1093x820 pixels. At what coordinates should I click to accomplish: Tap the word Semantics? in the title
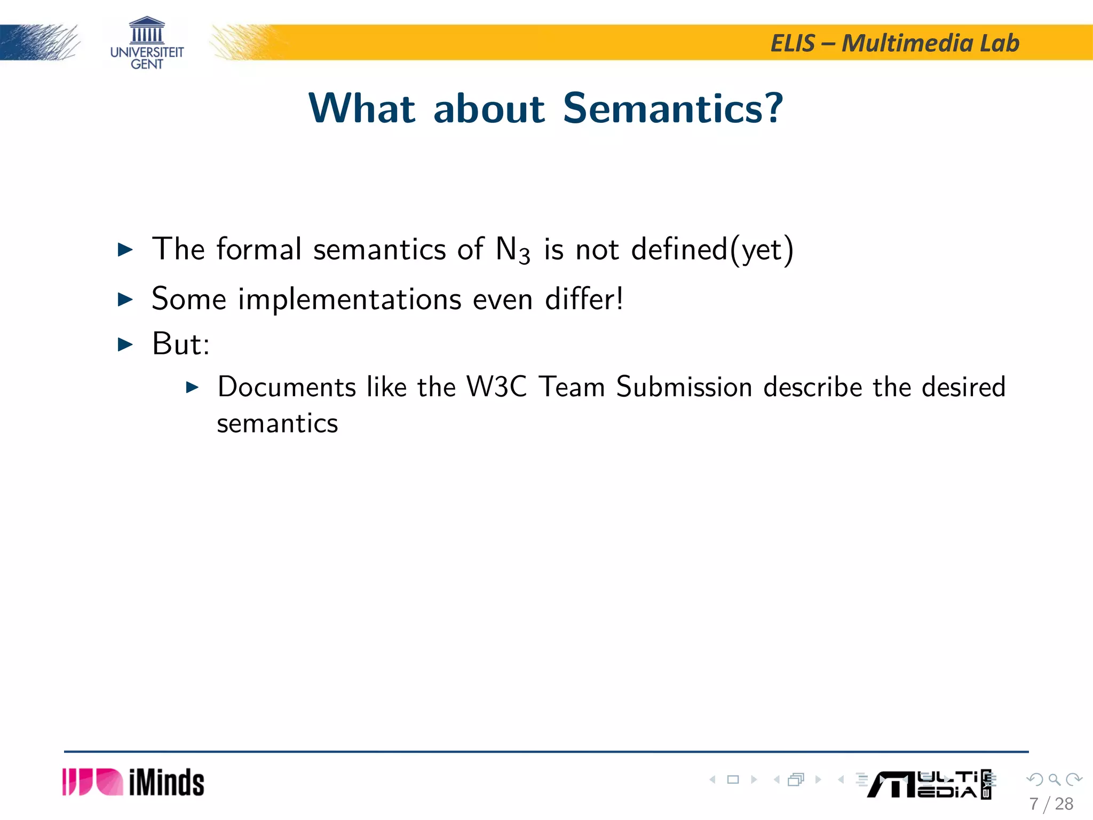(x=673, y=108)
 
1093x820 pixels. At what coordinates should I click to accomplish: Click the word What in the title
(x=362, y=108)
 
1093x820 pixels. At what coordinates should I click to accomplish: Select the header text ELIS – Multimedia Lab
(x=894, y=43)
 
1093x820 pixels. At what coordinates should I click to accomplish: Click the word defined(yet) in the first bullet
(x=712, y=249)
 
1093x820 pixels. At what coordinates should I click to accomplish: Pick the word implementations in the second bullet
(x=350, y=299)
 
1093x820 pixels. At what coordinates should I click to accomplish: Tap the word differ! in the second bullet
(x=584, y=299)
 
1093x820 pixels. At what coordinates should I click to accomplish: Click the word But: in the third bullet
(x=181, y=344)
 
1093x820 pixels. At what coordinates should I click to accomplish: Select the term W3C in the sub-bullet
(x=496, y=387)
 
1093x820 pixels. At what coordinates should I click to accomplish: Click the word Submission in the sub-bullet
(x=684, y=387)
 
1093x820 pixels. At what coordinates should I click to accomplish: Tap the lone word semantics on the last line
(x=278, y=424)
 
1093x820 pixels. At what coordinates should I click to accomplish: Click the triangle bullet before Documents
(x=192, y=388)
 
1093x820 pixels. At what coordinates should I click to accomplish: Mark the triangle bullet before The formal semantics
(x=125, y=249)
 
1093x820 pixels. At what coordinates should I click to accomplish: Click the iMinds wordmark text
(x=167, y=783)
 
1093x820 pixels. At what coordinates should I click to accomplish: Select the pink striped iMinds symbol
(x=92, y=782)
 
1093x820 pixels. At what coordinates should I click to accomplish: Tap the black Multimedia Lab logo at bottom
(x=929, y=785)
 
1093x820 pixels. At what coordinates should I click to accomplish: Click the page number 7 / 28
(x=1051, y=804)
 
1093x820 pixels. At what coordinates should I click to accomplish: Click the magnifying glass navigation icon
(x=1054, y=779)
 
